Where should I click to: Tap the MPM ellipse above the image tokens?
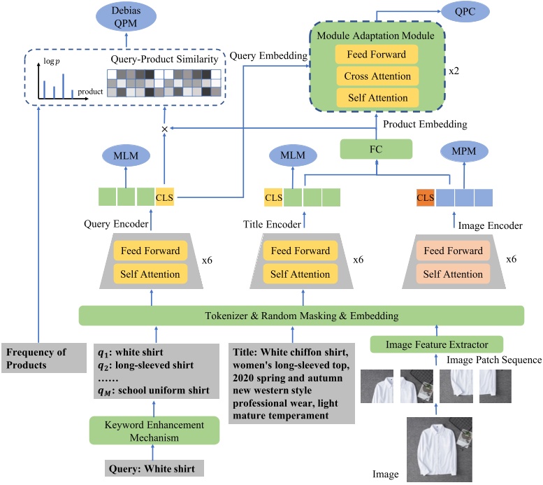(458, 153)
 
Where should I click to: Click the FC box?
(377, 149)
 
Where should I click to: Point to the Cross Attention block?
(377, 76)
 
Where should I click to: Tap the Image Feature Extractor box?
(437, 344)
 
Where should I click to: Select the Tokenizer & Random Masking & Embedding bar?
(301, 315)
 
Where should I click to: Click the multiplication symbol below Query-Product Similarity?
(165, 129)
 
